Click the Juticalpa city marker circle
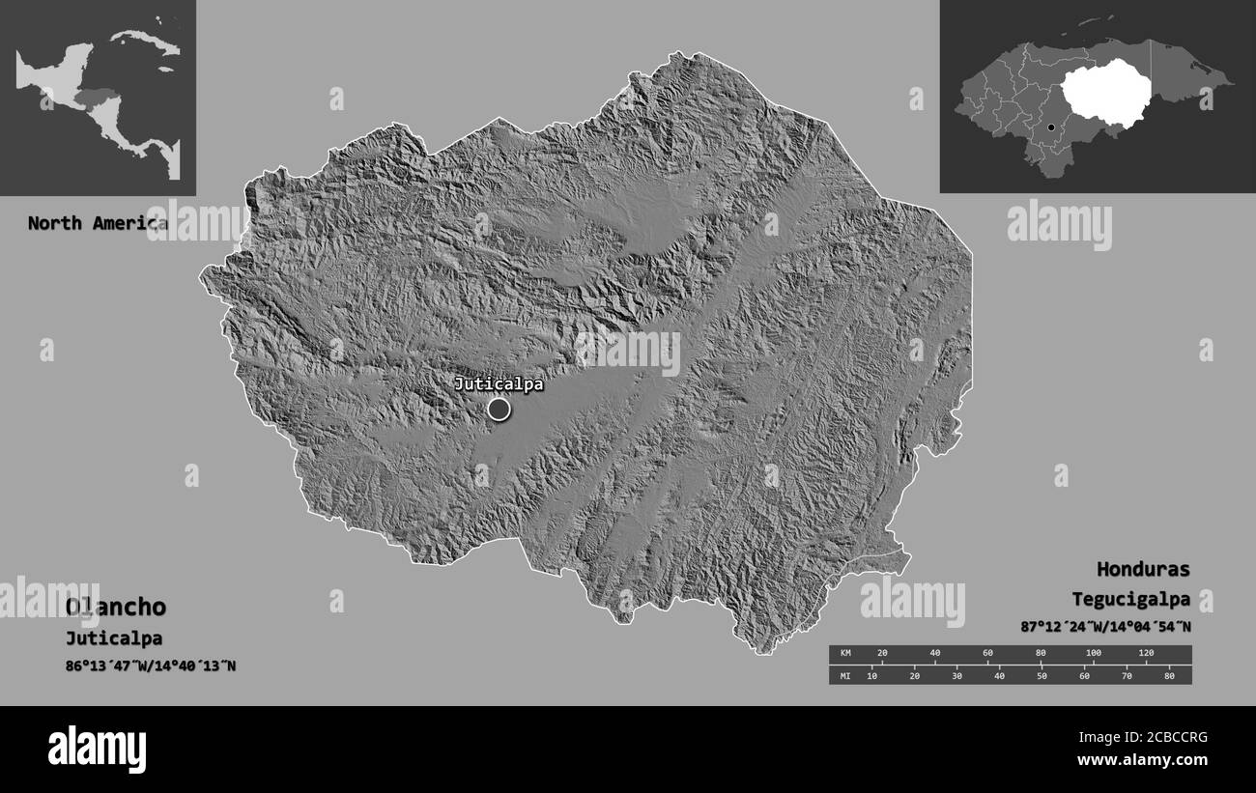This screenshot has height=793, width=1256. (499, 410)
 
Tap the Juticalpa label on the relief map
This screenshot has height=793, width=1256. (499, 384)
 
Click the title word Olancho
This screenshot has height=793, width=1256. (116, 608)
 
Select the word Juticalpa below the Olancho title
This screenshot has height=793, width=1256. (114, 638)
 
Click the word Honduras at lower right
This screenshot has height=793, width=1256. (1143, 569)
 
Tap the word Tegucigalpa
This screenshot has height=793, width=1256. (1130, 599)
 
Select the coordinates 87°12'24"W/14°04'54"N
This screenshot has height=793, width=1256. (1105, 627)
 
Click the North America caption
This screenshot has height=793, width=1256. (98, 223)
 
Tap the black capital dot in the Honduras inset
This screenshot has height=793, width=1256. (1051, 127)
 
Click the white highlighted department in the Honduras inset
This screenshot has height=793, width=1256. (1107, 92)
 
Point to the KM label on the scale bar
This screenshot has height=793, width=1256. (845, 654)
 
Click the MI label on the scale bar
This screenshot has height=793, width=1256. (845, 675)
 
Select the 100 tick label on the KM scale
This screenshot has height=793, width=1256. (1093, 654)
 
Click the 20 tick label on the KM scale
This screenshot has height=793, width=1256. (881, 654)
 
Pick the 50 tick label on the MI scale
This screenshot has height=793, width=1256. (1042, 675)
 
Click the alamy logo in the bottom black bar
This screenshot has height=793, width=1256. (97, 749)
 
